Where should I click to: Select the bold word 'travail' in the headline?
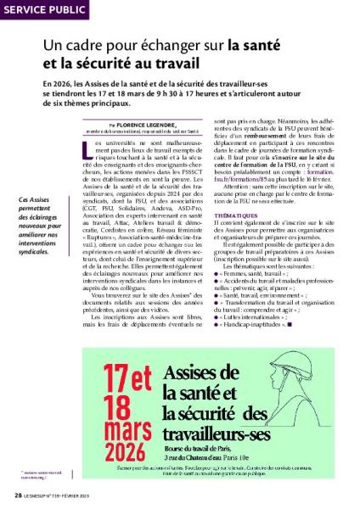coord(170,64)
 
